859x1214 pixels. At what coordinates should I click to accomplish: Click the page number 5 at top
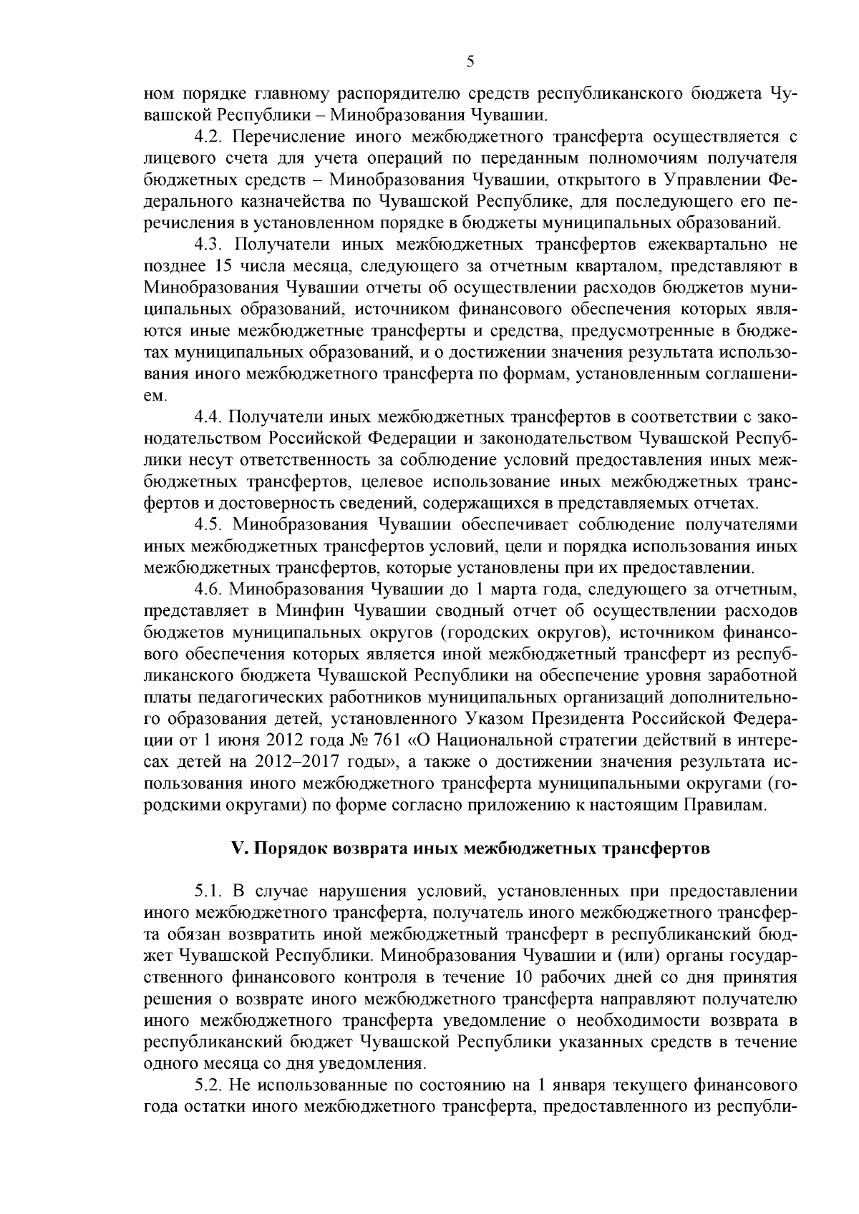470,62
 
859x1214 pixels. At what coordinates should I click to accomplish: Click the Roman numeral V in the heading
237,849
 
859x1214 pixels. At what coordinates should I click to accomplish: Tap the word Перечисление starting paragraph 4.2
283,137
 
